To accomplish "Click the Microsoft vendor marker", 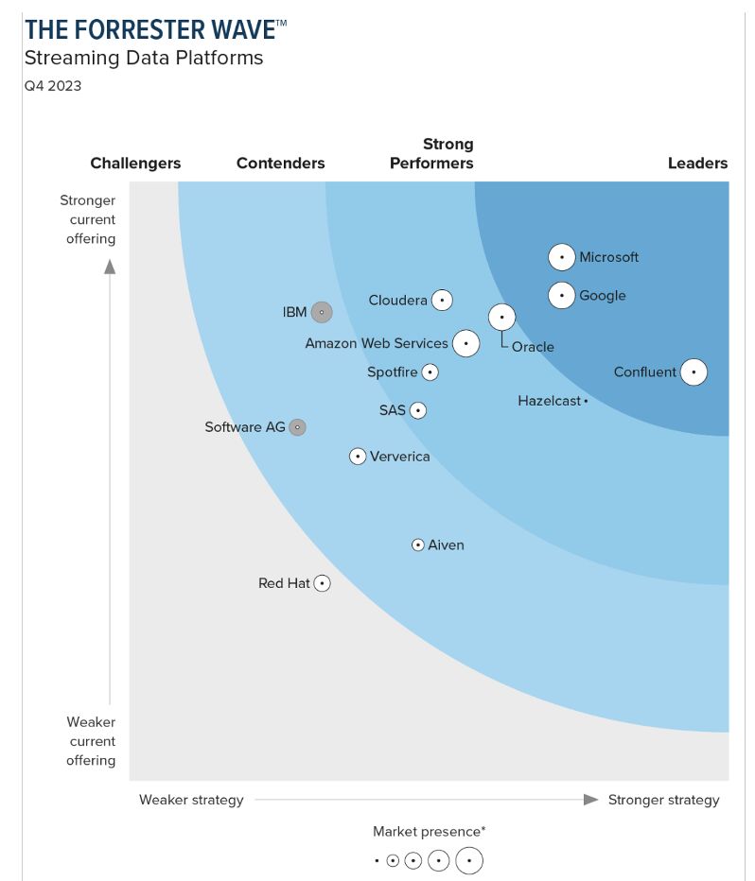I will click(x=562, y=257).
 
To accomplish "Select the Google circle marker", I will click(x=562, y=296).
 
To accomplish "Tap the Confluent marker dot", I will click(x=694, y=372).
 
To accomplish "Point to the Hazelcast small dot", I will click(x=586, y=402).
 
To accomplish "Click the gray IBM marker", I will click(x=322, y=312).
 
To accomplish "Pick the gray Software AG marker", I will click(x=297, y=427).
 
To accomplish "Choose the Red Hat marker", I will click(x=323, y=583).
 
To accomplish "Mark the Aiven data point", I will click(x=418, y=545).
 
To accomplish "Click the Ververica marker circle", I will click(x=358, y=457).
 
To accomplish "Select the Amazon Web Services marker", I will click(x=465, y=343).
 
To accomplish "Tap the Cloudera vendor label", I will click(x=397, y=301).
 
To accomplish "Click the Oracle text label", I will click(x=533, y=347).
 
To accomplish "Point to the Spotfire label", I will click(x=392, y=372).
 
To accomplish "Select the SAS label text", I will click(x=392, y=410).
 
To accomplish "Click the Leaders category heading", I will click(x=697, y=164).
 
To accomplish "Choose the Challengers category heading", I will click(x=135, y=164).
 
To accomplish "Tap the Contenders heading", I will click(x=280, y=164).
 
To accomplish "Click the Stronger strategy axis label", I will click(x=663, y=800).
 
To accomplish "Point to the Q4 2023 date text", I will click(x=53, y=86).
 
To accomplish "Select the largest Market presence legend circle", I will click(x=469, y=861).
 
